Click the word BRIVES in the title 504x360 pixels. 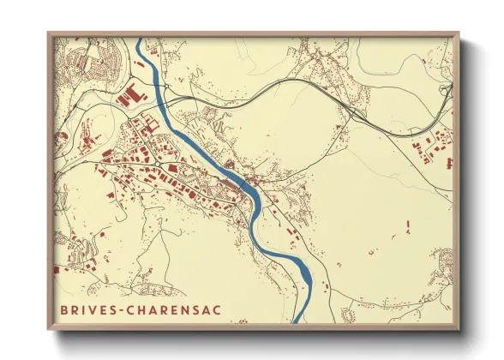tap(89, 309)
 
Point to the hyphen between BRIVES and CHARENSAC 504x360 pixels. tap(122, 309)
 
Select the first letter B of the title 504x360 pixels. tap(65, 309)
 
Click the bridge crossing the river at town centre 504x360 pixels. tap(245, 183)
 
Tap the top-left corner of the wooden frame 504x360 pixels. tap(48, 33)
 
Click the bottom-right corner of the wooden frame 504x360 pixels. tap(459, 330)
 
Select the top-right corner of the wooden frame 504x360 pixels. tap(459, 33)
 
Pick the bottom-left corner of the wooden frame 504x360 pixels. tap(48, 330)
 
